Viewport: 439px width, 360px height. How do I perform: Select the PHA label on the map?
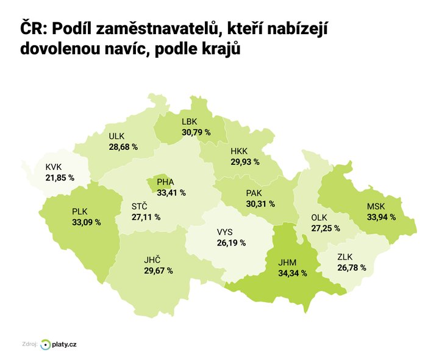click(165, 182)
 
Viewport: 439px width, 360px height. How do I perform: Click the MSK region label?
click(376, 206)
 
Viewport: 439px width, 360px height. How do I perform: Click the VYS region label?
click(224, 232)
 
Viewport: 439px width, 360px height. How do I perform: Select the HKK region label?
click(239, 151)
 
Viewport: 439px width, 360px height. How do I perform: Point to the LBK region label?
click(190, 121)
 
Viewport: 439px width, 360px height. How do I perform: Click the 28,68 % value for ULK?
click(123, 147)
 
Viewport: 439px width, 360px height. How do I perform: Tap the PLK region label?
click(80, 211)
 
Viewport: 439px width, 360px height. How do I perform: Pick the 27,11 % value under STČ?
click(146, 216)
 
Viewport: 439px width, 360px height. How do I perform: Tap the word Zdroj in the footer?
click(28, 345)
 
